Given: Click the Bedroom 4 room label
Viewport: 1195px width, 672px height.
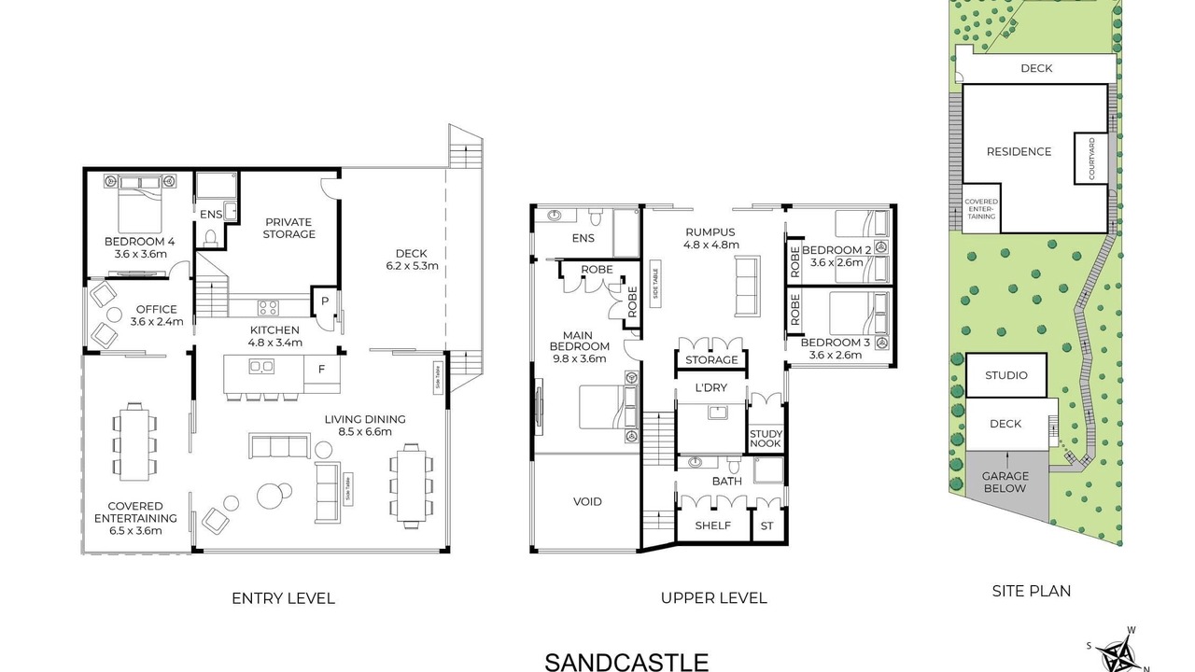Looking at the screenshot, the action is pos(139,242).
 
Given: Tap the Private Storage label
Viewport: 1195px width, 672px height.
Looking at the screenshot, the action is pos(288,229).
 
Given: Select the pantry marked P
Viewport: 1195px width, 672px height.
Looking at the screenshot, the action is pos(324,301).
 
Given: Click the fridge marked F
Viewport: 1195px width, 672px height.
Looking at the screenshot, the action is pos(322,369).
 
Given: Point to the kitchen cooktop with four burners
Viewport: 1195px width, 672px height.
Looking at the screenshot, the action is pos(268,308).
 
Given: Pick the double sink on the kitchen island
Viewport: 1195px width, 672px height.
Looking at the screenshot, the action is pos(261,367).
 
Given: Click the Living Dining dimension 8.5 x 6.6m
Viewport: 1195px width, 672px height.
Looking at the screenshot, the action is pos(365,432).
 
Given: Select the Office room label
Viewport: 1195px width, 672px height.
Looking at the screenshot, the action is pos(156,309).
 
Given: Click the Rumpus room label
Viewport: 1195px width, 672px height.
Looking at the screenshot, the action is pos(710,232).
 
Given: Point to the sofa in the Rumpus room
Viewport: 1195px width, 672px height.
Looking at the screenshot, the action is pos(748,286).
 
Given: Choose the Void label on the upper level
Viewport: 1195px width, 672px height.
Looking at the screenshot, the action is pos(587,501).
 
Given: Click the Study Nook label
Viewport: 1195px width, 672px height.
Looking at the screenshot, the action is pos(765,439).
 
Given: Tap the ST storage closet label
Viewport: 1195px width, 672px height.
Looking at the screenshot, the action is pos(766,525).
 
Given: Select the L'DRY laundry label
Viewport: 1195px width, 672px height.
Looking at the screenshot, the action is pos(711,387).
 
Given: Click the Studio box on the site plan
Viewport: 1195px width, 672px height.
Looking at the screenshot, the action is pos(1006,375).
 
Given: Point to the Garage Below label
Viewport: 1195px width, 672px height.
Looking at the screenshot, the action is pos(1005,483).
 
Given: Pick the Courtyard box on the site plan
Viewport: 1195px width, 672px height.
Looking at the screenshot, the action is pos(1091,159).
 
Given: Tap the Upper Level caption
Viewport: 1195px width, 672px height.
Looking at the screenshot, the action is pos(714,598).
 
